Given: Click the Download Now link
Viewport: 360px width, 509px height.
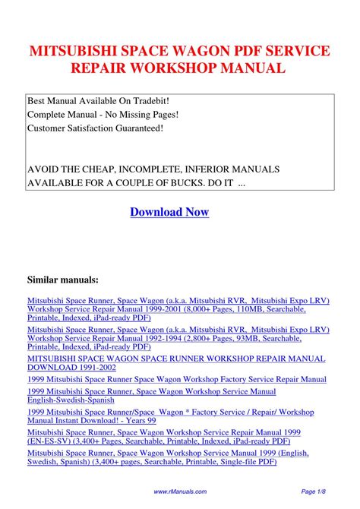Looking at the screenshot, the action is [x=169, y=212].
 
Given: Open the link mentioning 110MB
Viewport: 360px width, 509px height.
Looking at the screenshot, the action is [x=167, y=310].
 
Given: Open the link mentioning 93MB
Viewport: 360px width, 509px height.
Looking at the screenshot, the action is [x=167, y=340].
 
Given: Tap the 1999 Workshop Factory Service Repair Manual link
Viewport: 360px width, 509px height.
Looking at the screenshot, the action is [x=177, y=379].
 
